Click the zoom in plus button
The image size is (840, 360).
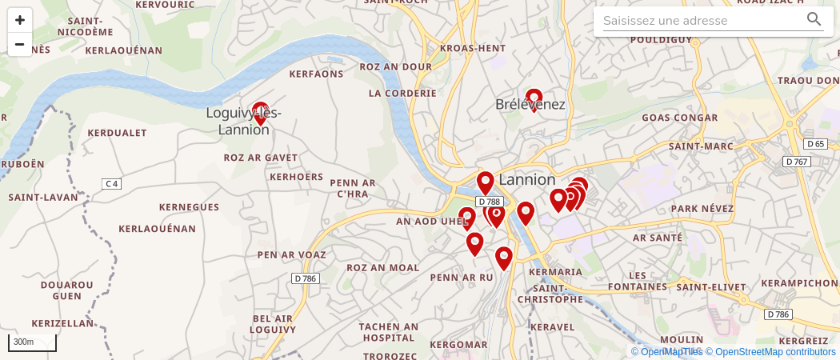click(x=20, y=20)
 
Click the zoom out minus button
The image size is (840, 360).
click(x=20, y=44)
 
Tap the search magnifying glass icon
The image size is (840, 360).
click(x=814, y=20)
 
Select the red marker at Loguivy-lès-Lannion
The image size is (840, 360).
click(x=260, y=113)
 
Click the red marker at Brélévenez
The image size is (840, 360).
click(x=534, y=99)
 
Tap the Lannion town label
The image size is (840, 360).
click(x=526, y=179)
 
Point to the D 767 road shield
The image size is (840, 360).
click(x=797, y=162)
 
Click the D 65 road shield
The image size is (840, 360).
click(x=815, y=144)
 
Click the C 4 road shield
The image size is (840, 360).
click(x=111, y=184)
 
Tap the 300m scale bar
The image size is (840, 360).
click(x=32, y=342)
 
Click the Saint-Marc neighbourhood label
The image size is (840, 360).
click(x=701, y=146)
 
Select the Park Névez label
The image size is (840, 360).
click(x=702, y=208)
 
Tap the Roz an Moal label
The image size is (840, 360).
click(x=382, y=267)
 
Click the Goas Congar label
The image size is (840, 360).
click(x=680, y=118)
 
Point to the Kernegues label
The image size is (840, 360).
click(x=189, y=207)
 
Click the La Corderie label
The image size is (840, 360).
click(x=402, y=93)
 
